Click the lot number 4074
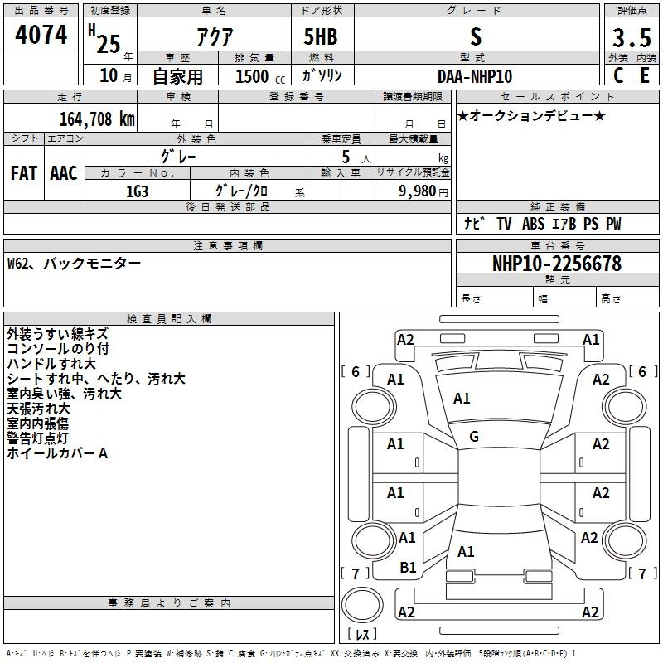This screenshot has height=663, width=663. point(41,36)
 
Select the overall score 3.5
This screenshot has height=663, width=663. point(631,38)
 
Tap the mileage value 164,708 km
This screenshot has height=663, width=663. point(97,119)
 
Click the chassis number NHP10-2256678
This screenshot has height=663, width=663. point(556,264)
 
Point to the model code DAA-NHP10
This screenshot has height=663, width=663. point(475,76)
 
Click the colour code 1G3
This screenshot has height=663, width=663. point(137,190)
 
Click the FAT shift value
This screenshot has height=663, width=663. point(24,172)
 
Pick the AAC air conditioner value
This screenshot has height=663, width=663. point(64,172)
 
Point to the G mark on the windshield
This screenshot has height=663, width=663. point(473,437)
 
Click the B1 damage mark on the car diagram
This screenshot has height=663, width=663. point(408,568)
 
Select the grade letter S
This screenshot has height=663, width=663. point(475,36)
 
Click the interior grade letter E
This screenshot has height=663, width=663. point(644,75)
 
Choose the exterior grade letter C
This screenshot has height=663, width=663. point(617,75)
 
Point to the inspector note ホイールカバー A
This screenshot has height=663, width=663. point(57,453)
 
